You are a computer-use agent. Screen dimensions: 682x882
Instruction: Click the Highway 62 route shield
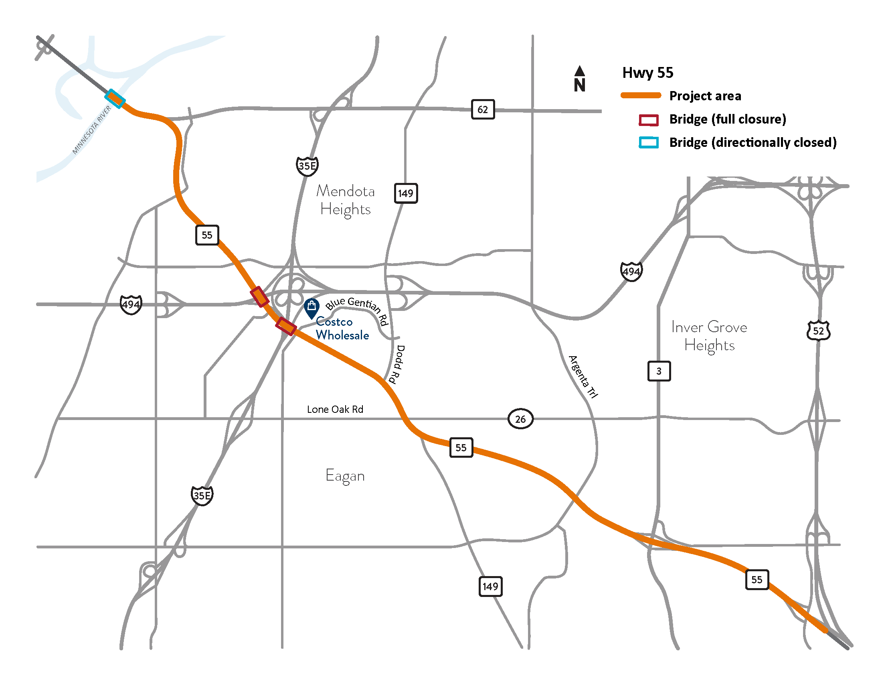[x=483, y=109]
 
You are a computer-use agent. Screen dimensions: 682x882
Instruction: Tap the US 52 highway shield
[x=818, y=331]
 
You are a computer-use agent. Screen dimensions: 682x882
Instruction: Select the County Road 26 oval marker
[x=520, y=419]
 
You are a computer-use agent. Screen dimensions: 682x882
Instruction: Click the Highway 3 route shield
[x=659, y=371]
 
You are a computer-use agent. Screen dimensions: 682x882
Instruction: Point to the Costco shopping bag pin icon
[x=312, y=307]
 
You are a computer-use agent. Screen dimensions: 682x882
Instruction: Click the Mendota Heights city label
[x=345, y=200]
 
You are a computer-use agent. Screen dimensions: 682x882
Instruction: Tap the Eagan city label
[x=345, y=475]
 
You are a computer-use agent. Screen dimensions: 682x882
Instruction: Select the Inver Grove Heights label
[x=709, y=336]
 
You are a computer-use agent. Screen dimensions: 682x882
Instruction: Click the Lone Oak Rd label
[x=335, y=409]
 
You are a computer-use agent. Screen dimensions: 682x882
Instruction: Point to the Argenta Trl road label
[x=583, y=377]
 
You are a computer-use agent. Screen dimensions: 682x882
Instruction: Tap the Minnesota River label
[x=92, y=130]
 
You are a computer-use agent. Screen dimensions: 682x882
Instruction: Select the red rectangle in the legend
[x=648, y=120]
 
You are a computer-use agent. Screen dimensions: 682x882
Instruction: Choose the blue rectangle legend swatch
[x=648, y=143]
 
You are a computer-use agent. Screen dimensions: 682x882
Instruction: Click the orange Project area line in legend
[x=641, y=96]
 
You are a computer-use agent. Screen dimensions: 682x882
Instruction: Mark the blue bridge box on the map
[x=115, y=99]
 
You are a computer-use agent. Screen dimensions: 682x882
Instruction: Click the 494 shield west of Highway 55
[x=131, y=304]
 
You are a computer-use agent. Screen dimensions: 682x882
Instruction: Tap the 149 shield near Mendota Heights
[x=405, y=193]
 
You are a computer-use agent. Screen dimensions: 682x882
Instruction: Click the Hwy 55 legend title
[x=647, y=73]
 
